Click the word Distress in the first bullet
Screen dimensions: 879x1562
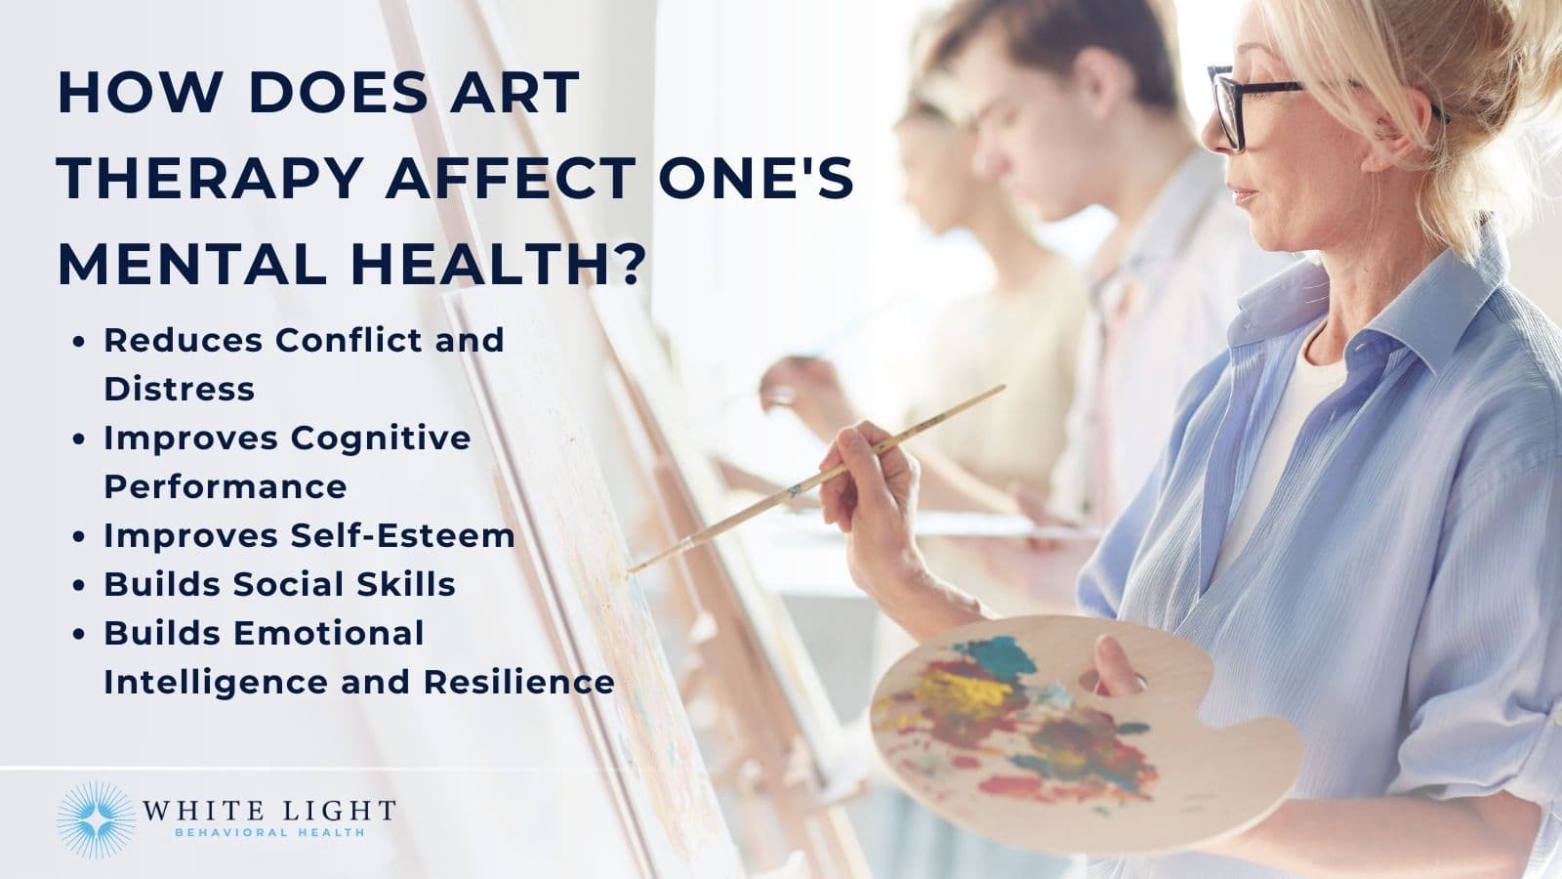(179, 389)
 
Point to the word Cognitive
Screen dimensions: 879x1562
(381, 438)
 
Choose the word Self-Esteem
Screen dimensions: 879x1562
(402, 535)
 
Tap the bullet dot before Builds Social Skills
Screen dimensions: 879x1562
(81, 585)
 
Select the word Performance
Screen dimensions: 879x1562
(225, 486)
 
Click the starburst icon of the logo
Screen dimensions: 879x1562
(94, 819)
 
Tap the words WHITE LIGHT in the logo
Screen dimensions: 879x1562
(268, 811)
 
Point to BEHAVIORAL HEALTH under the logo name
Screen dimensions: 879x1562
(268, 833)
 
